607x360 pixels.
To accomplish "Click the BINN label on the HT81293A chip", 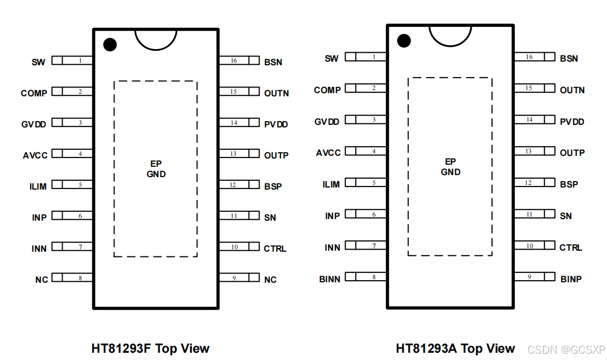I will coord(329,279).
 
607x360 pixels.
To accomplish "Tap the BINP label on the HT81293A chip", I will coord(571,279).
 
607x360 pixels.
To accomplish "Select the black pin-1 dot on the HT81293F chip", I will coord(110,45).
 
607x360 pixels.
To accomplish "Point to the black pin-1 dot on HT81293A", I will coord(404,40).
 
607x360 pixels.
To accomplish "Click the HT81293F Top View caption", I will coord(151,349).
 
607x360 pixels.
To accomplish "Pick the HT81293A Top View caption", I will coord(455,349).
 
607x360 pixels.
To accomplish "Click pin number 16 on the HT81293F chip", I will coord(234,61).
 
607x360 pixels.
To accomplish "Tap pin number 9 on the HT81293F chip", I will coord(234,278).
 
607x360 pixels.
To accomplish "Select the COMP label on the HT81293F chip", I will coord(34,93).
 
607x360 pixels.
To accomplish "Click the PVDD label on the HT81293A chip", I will coord(572,122).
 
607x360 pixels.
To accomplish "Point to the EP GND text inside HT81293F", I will coord(156,169).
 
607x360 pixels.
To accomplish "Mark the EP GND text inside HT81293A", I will coord(451,167).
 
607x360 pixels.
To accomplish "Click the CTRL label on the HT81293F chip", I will coord(275,249).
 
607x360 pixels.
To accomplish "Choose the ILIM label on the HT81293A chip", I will coord(331,184).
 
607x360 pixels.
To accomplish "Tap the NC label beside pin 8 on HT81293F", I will coord(41,280).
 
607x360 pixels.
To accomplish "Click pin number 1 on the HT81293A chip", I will coord(374,57).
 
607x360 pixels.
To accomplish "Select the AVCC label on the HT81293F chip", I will coord(35,155).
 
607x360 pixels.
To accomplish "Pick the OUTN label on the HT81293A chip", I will coord(572,90).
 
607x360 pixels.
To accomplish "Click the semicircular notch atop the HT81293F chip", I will coord(156,38).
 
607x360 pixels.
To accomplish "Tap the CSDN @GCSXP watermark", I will coord(562,349).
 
